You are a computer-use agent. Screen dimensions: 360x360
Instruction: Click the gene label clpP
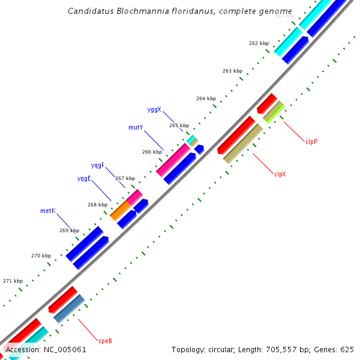click(311, 142)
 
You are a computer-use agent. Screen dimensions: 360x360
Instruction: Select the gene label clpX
click(280, 175)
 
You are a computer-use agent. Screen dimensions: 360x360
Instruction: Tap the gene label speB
click(105, 341)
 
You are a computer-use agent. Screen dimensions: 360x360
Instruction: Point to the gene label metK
click(48, 211)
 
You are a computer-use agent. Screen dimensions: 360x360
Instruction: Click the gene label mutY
click(136, 127)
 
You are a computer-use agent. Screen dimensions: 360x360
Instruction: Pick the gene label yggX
click(154, 109)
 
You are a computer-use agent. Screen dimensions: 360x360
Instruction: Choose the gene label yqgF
click(98, 165)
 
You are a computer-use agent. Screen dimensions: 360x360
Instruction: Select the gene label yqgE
click(84, 178)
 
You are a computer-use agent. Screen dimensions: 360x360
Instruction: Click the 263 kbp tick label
click(232, 71)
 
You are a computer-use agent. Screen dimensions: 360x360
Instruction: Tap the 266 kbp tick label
click(152, 152)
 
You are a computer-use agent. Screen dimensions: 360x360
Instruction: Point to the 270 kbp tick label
click(41, 256)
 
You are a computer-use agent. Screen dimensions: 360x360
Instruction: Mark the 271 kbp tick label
click(13, 281)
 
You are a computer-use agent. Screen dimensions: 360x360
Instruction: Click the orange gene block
click(120, 211)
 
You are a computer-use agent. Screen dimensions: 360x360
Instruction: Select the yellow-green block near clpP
click(275, 111)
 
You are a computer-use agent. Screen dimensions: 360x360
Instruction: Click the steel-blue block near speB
click(69, 308)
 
